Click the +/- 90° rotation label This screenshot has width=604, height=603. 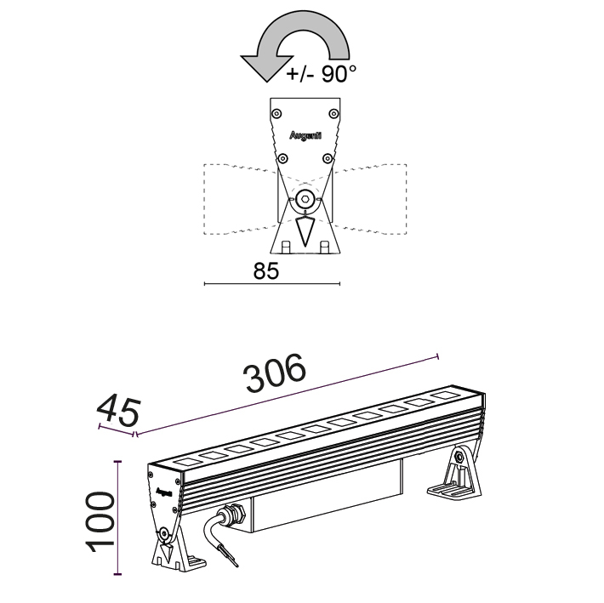pos(321,75)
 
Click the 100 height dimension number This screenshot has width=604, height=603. pos(101,520)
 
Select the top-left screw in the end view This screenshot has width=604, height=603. pos(276,111)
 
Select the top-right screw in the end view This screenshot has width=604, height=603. pos(333,111)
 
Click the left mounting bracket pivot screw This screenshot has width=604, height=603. pos(162,533)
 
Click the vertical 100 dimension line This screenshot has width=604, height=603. pos(118,520)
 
